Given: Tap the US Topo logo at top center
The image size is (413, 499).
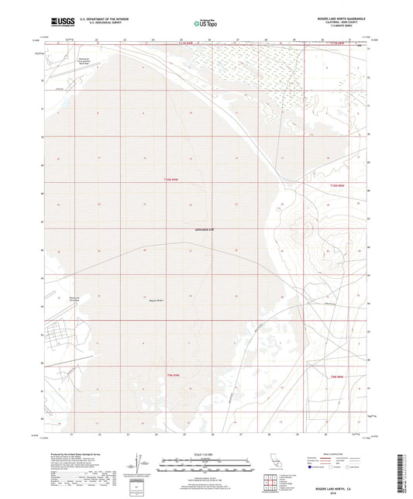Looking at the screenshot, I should (204, 23).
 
